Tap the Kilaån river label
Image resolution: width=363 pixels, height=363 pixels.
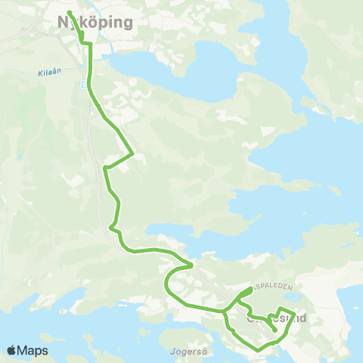[47, 74]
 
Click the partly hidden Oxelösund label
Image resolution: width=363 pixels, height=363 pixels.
[277, 318]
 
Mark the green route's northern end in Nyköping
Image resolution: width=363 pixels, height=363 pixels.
[69, 13]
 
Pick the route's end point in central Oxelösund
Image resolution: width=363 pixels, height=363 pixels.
[275, 330]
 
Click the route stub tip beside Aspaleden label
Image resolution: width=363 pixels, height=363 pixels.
[251, 289]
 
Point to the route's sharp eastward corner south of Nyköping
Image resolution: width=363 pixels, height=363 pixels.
[133, 154]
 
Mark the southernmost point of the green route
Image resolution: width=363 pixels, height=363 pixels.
[259, 349]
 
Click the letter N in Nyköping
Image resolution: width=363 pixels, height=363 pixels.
[64, 23]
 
